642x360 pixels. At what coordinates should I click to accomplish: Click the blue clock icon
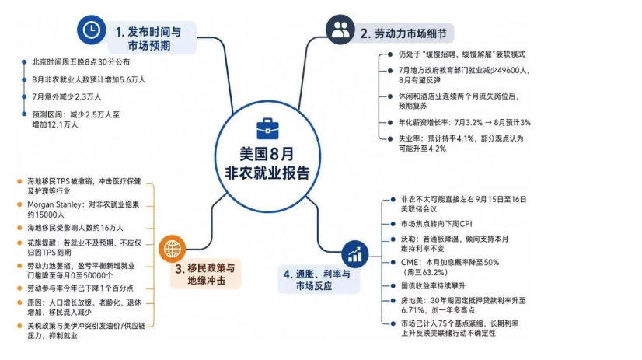click(91, 30)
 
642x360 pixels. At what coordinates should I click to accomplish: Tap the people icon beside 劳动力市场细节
click(340, 30)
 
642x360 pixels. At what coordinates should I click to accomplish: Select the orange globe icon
click(173, 249)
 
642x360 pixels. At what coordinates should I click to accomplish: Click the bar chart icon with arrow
click(354, 254)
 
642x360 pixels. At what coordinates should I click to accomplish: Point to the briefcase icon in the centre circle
click(267, 129)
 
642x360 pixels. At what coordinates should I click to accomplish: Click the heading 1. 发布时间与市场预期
click(148, 39)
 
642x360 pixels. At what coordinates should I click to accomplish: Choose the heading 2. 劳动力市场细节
click(403, 33)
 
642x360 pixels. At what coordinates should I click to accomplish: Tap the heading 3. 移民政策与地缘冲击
click(205, 274)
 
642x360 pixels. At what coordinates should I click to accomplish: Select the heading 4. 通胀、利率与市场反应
click(317, 280)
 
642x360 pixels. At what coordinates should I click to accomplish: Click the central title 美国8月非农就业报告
click(267, 164)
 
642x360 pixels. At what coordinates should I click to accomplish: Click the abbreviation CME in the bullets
click(410, 262)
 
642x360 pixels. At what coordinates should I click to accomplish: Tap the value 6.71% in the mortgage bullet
click(411, 310)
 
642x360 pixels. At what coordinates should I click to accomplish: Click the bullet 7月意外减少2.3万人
click(67, 96)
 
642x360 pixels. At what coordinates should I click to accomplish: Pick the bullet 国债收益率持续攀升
click(433, 286)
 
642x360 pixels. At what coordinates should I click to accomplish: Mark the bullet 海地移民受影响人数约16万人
click(75, 228)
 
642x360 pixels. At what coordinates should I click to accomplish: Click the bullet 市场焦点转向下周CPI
click(437, 224)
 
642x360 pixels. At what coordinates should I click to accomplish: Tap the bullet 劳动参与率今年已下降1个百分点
click(80, 288)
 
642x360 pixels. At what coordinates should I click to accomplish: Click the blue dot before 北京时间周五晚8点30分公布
click(24, 62)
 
